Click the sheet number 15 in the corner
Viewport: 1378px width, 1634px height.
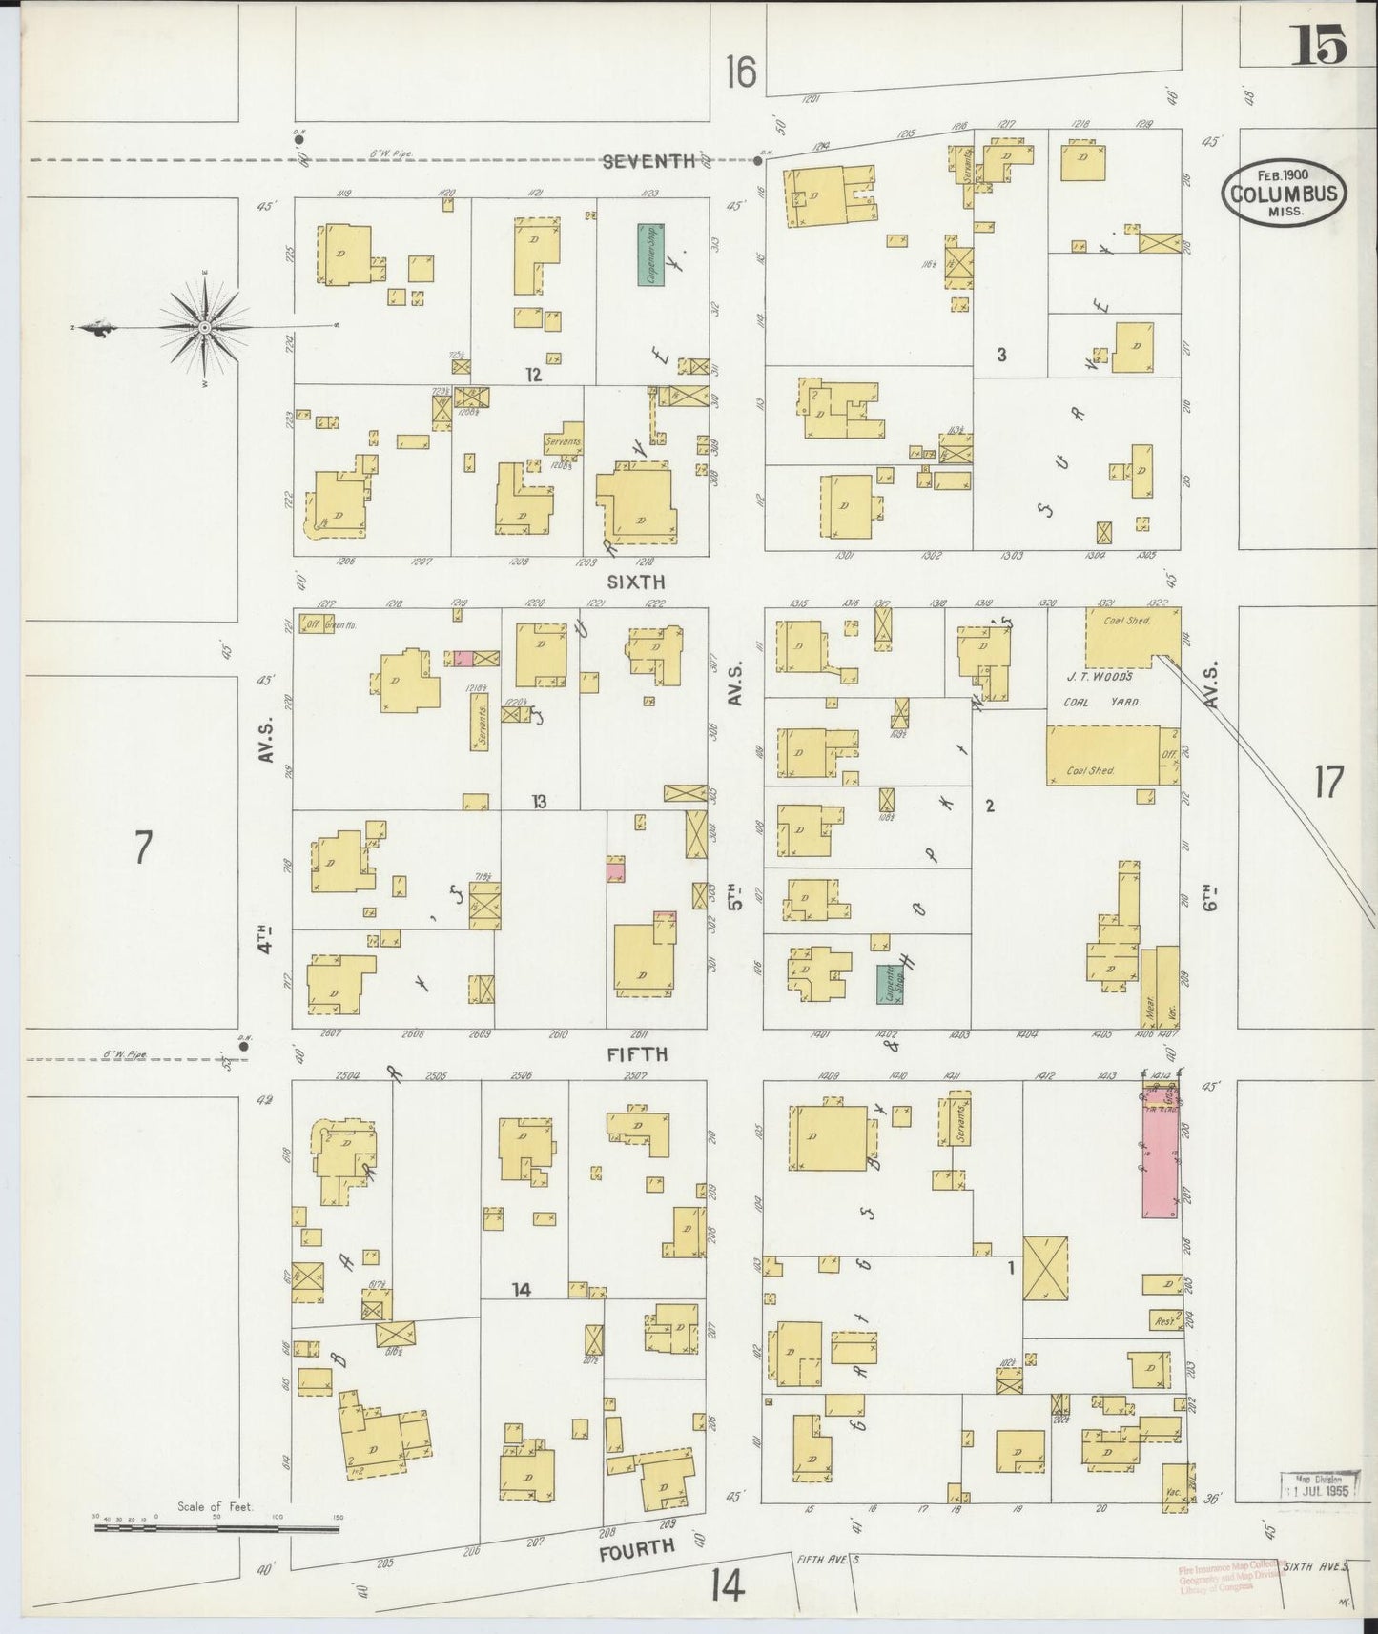point(1319,44)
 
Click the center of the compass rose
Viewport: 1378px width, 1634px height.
point(205,327)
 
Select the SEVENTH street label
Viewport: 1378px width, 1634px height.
point(648,161)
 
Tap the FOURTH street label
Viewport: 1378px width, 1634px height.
point(637,1549)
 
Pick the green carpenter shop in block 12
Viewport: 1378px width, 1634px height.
point(651,255)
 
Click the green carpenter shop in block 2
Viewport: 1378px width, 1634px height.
point(890,983)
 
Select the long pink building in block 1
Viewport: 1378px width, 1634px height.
point(1160,1161)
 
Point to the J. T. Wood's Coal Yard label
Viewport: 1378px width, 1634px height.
point(1099,688)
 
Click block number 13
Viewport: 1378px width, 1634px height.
point(539,802)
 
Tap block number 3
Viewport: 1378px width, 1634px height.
point(1001,355)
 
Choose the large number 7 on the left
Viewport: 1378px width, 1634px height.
point(143,848)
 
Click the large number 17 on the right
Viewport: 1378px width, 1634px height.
point(1327,783)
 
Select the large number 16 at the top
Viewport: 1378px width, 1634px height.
point(740,71)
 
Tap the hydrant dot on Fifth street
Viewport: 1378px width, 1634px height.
point(244,1046)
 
